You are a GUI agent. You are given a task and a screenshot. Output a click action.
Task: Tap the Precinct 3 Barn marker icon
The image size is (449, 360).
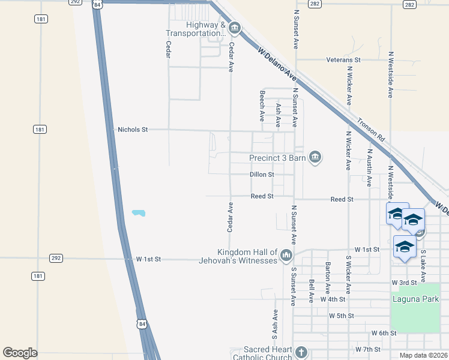[315, 158]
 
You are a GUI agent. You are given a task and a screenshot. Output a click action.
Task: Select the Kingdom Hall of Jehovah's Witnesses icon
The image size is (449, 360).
[286, 256]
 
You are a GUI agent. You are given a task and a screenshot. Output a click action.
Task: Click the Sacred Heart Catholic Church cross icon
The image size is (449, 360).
[301, 352]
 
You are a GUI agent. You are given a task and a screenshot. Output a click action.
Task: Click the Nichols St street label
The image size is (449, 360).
[133, 129]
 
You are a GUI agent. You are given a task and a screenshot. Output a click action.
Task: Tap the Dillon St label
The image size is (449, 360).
[262, 175]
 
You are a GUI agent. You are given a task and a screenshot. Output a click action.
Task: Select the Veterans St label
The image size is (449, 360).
[343, 60]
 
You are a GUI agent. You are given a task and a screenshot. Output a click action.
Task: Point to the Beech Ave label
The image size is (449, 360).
[262, 106]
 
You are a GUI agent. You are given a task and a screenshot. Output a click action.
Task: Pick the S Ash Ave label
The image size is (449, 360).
[275, 322]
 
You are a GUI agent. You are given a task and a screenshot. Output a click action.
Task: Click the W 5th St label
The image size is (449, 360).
[342, 316]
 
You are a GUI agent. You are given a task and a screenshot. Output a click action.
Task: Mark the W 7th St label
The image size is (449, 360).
[368, 349]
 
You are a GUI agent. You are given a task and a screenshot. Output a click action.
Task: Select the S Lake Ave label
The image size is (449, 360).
[423, 266]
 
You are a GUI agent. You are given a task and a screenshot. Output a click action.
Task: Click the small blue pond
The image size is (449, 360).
[139, 213]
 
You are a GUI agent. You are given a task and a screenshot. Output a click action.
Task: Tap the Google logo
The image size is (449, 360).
[20, 353]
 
